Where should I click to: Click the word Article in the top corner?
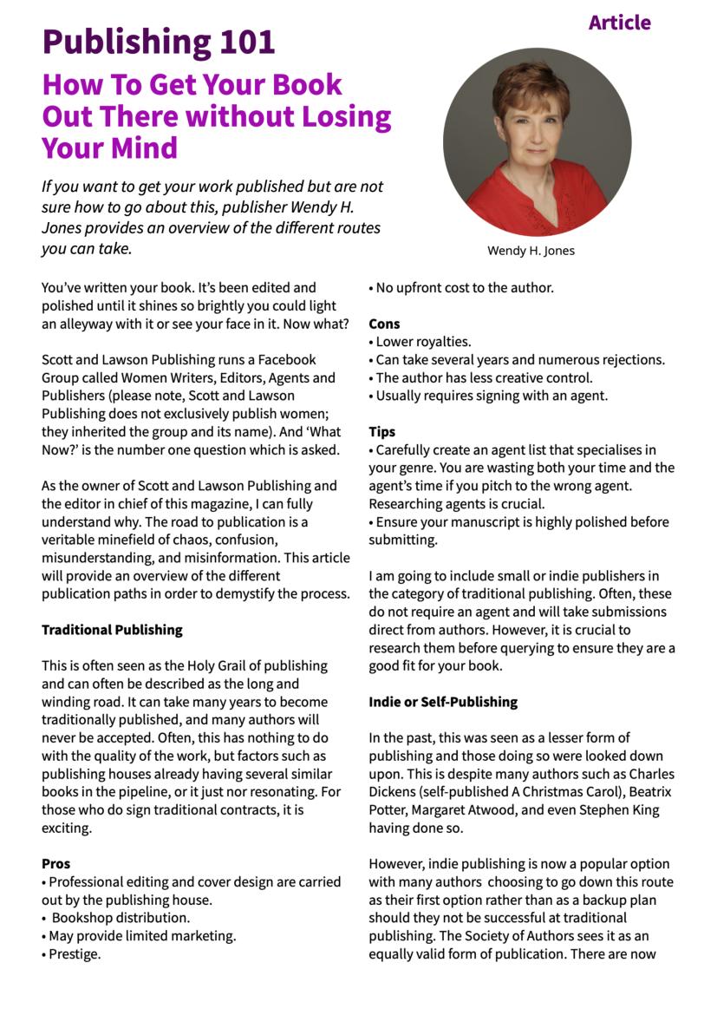click(619, 23)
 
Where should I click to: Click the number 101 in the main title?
click(235, 42)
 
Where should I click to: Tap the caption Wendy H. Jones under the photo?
click(531, 251)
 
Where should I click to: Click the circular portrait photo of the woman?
click(538, 141)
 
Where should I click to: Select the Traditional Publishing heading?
click(112, 630)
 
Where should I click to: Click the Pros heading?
click(56, 863)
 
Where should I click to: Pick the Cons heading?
click(384, 324)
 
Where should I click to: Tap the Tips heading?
click(381, 431)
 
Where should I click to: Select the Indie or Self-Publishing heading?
click(443, 701)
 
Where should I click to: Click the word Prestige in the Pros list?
click(75, 954)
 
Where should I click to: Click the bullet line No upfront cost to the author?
click(464, 287)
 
